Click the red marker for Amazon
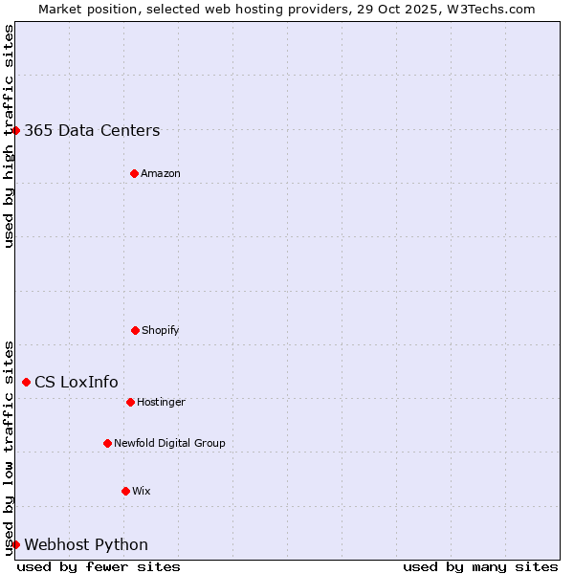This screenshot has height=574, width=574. tap(134, 173)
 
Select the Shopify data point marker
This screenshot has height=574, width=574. tap(135, 330)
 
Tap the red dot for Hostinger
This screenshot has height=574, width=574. tap(130, 402)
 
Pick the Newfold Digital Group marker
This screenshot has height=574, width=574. tap(107, 443)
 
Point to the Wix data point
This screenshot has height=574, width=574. tap(125, 491)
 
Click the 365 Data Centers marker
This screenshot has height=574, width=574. tap(15, 130)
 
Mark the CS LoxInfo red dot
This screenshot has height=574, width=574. tap(26, 382)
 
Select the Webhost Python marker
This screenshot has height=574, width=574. tap(15, 544)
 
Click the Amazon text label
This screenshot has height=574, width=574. tap(161, 173)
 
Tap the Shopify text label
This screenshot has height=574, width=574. tap(161, 330)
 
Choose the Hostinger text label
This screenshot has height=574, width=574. tap(161, 402)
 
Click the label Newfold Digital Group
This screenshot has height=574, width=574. tap(169, 443)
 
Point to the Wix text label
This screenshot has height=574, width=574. tap(142, 491)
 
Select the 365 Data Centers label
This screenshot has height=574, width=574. tap(92, 131)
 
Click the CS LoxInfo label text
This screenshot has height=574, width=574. tap(77, 383)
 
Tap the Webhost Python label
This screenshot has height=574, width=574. tap(86, 545)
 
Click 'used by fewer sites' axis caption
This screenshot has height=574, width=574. tap(99, 566)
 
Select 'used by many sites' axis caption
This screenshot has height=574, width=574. tap(480, 566)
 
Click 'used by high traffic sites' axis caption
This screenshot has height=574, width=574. tap(9, 136)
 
